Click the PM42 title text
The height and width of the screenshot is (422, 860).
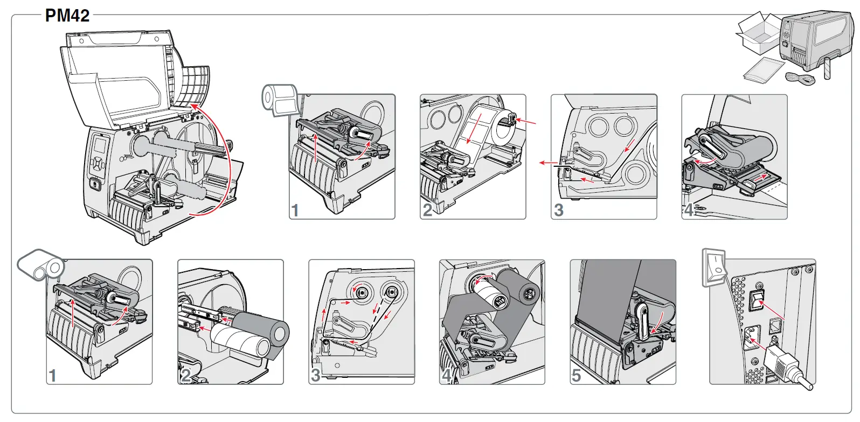click(x=67, y=15)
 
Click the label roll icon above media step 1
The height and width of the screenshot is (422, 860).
click(x=280, y=99)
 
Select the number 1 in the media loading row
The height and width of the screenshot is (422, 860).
click(x=295, y=210)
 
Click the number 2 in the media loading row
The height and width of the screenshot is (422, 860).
click(x=427, y=210)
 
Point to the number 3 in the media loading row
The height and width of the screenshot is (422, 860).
click(x=559, y=210)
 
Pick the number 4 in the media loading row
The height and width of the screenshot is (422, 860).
click(x=689, y=210)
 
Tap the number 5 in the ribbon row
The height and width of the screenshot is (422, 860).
click(x=576, y=375)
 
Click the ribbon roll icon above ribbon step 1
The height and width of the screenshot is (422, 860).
click(x=41, y=264)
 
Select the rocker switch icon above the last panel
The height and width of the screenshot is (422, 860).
click(x=715, y=266)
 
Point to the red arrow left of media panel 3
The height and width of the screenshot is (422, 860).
click(x=549, y=162)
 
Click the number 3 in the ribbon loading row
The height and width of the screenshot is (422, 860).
click(x=315, y=375)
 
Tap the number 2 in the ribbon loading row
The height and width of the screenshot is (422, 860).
click(x=185, y=375)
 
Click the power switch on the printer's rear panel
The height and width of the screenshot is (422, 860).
click(x=757, y=301)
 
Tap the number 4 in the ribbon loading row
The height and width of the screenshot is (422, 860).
click(x=447, y=375)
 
